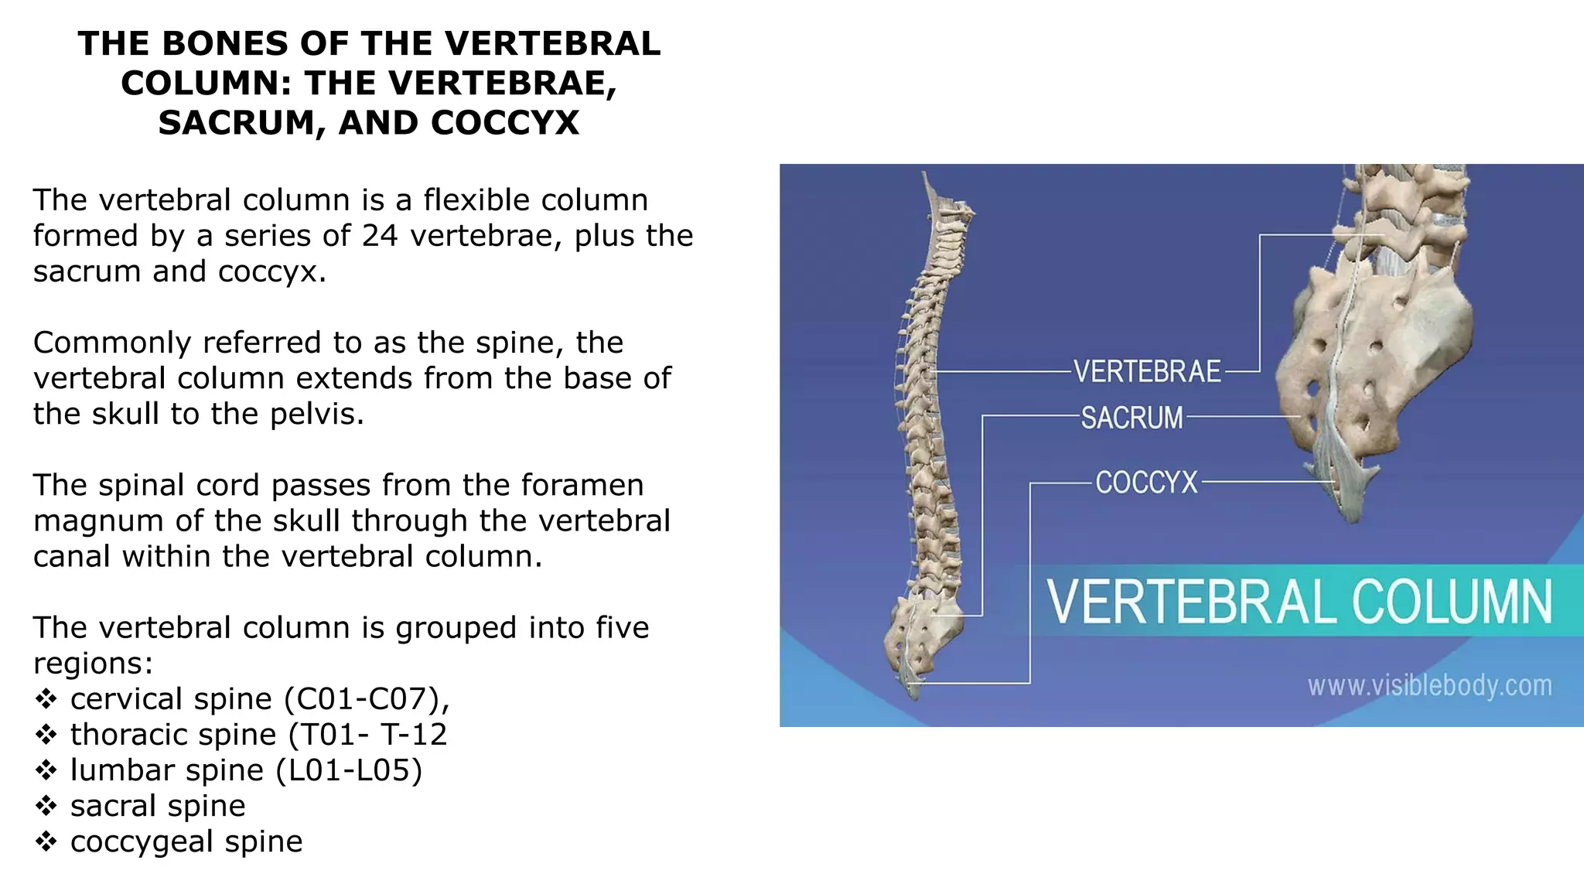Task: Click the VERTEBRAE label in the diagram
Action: coord(1147,372)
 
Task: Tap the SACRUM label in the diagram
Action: coord(1132,418)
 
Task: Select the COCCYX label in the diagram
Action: coord(1146,483)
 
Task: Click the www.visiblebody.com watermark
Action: coord(1429,685)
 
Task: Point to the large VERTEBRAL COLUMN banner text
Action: coord(1299,602)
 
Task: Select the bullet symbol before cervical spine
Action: coord(46,699)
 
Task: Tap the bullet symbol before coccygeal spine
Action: coord(46,841)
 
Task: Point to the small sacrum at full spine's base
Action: coord(924,634)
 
